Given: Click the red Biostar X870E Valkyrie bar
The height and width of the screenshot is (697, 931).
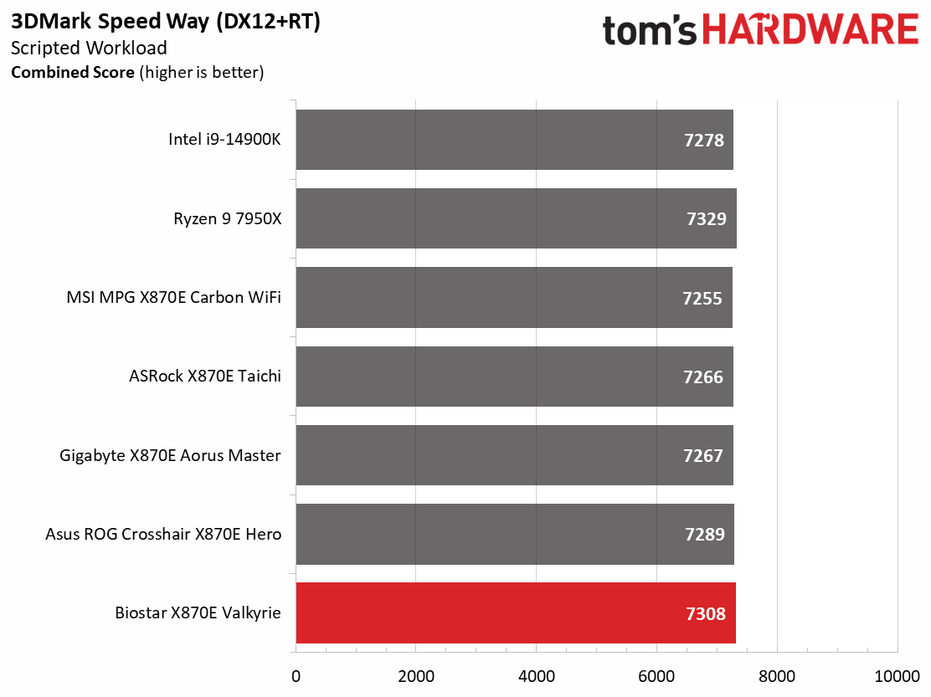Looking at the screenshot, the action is point(516,612).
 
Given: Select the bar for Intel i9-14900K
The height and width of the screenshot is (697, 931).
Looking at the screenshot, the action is point(515,140).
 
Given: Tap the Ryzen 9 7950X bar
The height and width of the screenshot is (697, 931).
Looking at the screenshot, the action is point(517,218).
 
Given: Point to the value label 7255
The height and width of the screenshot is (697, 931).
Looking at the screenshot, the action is point(702,298).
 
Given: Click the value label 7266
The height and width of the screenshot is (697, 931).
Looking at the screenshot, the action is point(703,377).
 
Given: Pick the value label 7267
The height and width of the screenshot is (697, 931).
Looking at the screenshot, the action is point(703,455).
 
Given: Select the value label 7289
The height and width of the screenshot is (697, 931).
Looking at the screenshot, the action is point(705,535).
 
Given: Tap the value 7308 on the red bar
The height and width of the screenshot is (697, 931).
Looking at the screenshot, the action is point(706,613).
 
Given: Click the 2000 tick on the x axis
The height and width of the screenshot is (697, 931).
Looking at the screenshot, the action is point(416,676).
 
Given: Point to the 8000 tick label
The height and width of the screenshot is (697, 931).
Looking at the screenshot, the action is point(777,676).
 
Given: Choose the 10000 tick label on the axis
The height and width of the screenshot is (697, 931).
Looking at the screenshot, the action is point(898,676).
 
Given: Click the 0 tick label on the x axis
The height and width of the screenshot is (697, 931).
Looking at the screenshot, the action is point(296,676).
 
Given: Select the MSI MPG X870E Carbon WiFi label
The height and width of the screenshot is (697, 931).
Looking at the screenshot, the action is point(174,297).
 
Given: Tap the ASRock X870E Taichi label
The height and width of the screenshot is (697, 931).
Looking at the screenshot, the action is point(205,376).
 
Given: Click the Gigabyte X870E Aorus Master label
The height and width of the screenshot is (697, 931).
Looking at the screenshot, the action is point(171,455).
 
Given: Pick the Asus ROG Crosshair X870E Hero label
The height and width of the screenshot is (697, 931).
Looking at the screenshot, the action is point(163,534).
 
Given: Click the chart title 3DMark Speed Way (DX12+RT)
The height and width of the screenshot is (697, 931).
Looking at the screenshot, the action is point(166,22).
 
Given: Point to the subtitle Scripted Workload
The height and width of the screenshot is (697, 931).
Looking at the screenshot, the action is point(89,48).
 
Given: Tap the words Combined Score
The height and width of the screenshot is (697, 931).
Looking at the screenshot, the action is point(73,72).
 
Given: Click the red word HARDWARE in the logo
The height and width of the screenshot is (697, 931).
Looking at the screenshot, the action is point(811,29).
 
